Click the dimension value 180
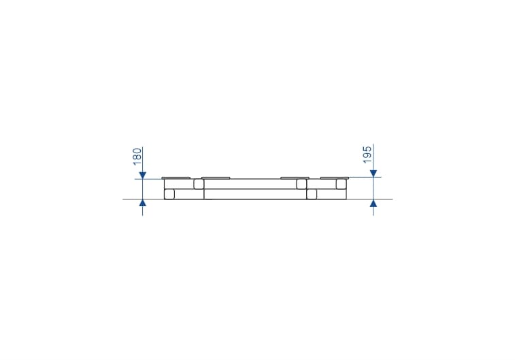[x=137, y=157]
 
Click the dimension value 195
[x=368, y=154]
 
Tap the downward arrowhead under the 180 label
[x=143, y=176]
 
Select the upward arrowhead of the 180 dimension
[x=143, y=203]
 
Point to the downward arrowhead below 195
[x=373, y=174]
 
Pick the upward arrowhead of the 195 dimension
[x=373, y=203]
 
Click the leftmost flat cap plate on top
[x=176, y=178]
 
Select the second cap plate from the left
[x=216, y=178]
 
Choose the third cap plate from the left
[x=295, y=178]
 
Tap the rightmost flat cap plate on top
[x=335, y=178]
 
